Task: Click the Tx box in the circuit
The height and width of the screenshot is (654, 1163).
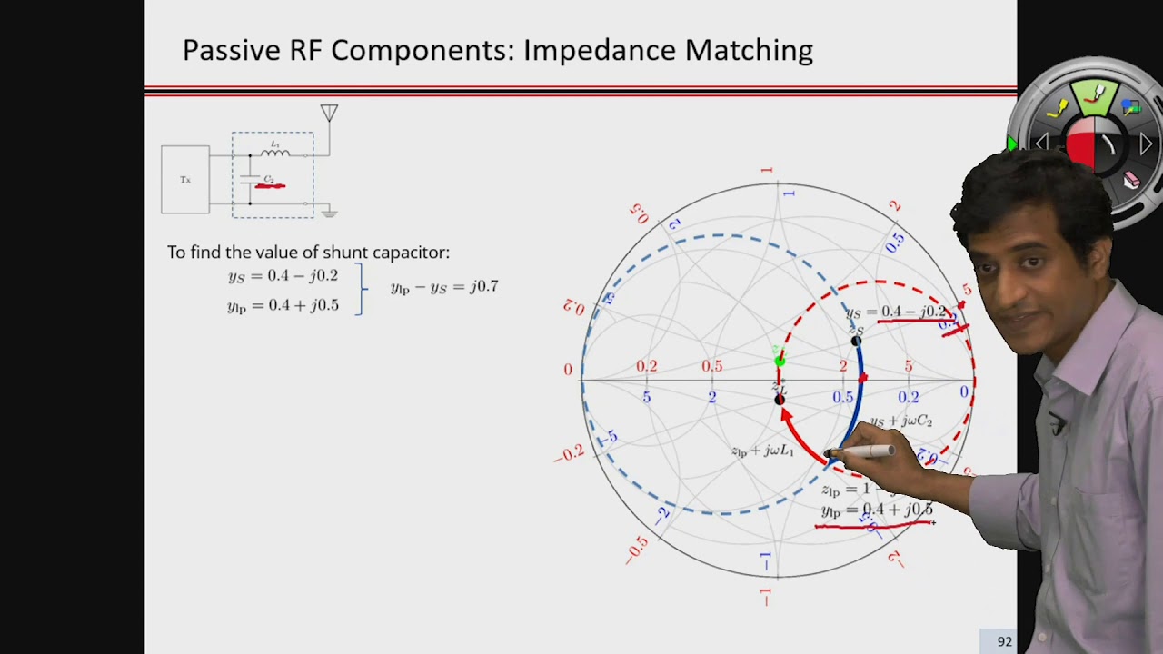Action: tap(185, 180)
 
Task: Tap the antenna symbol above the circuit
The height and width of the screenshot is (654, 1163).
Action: tap(329, 114)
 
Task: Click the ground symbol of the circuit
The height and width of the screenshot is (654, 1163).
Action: tap(329, 213)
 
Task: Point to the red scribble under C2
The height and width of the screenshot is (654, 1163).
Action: tap(270, 186)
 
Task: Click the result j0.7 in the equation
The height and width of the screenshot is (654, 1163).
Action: tap(483, 287)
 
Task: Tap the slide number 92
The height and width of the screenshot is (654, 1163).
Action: tap(1004, 641)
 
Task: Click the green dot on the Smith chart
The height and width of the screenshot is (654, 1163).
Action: tap(780, 361)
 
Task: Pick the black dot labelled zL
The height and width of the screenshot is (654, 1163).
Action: tap(780, 400)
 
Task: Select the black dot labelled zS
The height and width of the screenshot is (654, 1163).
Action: tap(856, 342)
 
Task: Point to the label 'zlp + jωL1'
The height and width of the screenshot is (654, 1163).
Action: tap(761, 451)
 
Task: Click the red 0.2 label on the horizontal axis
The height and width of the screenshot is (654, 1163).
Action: tap(646, 366)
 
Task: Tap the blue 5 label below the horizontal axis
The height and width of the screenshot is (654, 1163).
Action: tap(646, 398)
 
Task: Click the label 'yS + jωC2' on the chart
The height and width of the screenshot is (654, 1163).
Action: tap(900, 421)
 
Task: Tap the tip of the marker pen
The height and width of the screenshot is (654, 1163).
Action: tap(828, 453)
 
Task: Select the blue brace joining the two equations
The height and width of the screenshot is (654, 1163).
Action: tap(363, 290)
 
